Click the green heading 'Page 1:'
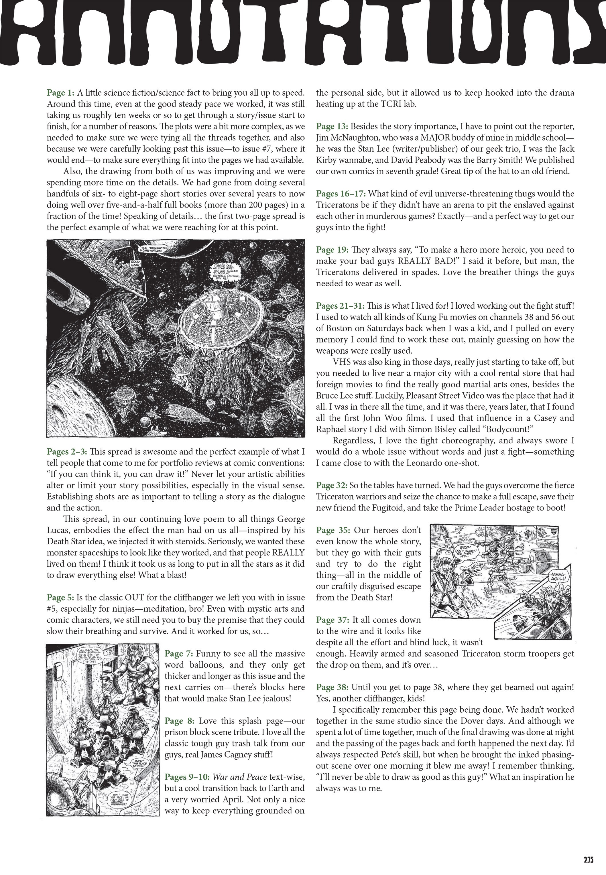tap(60, 92)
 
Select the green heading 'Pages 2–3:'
tap(67, 452)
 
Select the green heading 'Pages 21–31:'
tap(340, 306)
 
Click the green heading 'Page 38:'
tap(332, 687)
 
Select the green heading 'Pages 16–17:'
tap(341, 194)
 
